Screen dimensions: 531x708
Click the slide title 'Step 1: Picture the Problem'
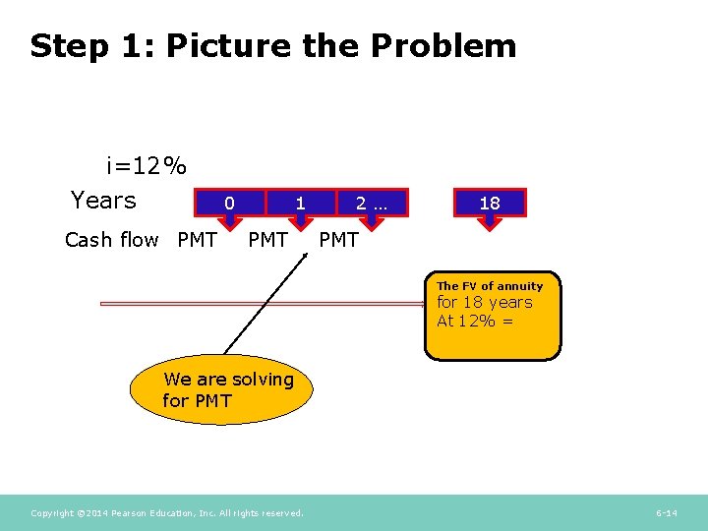272,46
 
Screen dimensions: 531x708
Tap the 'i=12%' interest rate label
147,165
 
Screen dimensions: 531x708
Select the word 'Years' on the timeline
103,201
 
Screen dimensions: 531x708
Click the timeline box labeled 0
229,203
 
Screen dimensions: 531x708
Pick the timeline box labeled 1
300,203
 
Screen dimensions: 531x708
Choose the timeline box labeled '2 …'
372,203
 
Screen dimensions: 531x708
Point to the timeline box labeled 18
489,203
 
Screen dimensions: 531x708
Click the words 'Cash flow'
111,239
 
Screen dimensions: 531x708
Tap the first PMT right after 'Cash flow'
197,239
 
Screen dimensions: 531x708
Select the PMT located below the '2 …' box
339,239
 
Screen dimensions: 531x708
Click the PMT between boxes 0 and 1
267,239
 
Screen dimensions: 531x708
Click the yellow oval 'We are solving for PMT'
221,389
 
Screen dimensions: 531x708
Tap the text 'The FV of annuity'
490,286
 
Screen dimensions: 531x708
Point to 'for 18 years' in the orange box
484,303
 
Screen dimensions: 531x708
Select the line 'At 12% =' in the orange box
475,321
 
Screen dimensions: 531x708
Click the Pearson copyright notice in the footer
167,512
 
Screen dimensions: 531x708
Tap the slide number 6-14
666,512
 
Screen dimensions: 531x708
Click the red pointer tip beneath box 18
489,224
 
